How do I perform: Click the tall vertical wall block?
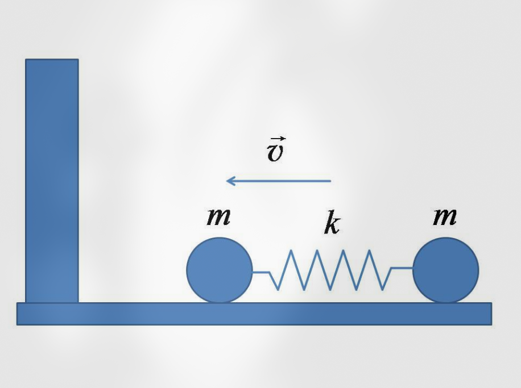(x=52, y=181)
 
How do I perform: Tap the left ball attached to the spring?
(x=220, y=270)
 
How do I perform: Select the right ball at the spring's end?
(x=445, y=270)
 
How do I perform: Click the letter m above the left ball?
(x=218, y=217)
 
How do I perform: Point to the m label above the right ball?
(x=445, y=217)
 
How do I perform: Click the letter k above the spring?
(x=332, y=222)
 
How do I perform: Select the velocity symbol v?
(x=275, y=153)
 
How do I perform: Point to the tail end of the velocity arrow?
(x=330, y=181)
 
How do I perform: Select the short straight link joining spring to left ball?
(x=261, y=272)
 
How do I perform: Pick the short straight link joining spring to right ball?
(x=402, y=268)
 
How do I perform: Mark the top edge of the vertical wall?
(x=52, y=60)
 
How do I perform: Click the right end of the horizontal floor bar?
(x=491, y=314)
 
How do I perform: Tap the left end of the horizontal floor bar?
(x=17, y=314)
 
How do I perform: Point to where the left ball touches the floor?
(x=220, y=303)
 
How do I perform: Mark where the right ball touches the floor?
(x=445, y=303)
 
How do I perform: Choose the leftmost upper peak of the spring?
(x=291, y=251)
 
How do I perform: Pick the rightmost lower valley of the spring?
(x=382, y=290)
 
